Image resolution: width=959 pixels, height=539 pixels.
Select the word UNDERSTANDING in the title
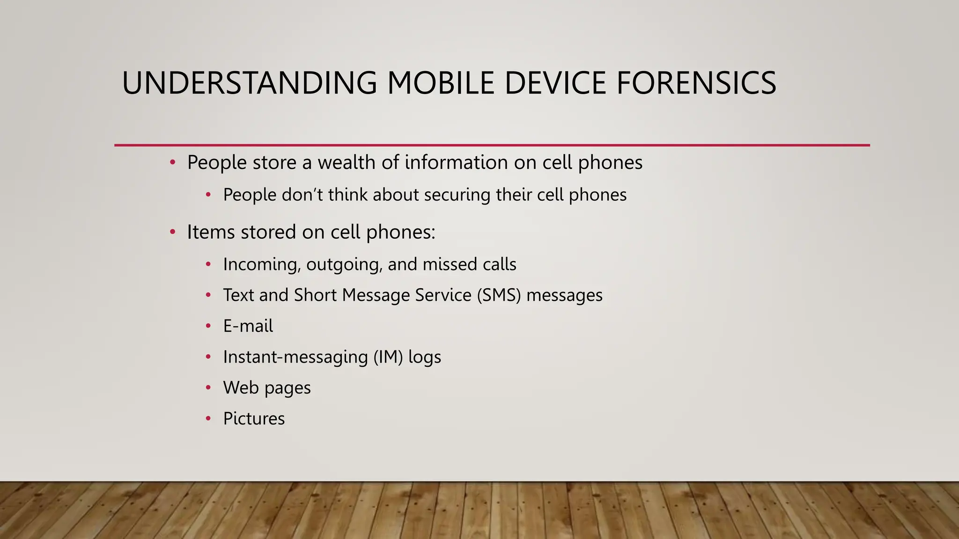(x=249, y=83)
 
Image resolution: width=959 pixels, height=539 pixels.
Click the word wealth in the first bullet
(x=346, y=162)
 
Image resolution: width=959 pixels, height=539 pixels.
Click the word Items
(x=211, y=232)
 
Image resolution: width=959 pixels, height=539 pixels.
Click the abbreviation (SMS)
(x=499, y=295)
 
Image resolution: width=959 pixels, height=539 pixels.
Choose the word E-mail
(x=248, y=326)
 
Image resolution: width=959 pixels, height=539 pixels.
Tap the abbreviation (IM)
(x=388, y=357)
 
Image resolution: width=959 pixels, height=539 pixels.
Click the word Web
(x=241, y=388)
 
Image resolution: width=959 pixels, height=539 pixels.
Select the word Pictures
(x=254, y=419)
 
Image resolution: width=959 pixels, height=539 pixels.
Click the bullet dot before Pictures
(x=208, y=419)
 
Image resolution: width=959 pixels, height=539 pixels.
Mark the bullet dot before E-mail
(x=208, y=326)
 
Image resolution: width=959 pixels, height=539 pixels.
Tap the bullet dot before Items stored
(x=172, y=232)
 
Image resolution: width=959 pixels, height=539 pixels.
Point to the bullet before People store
(x=172, y=162)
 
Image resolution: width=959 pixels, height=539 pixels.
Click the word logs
(x=425, y=357)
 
